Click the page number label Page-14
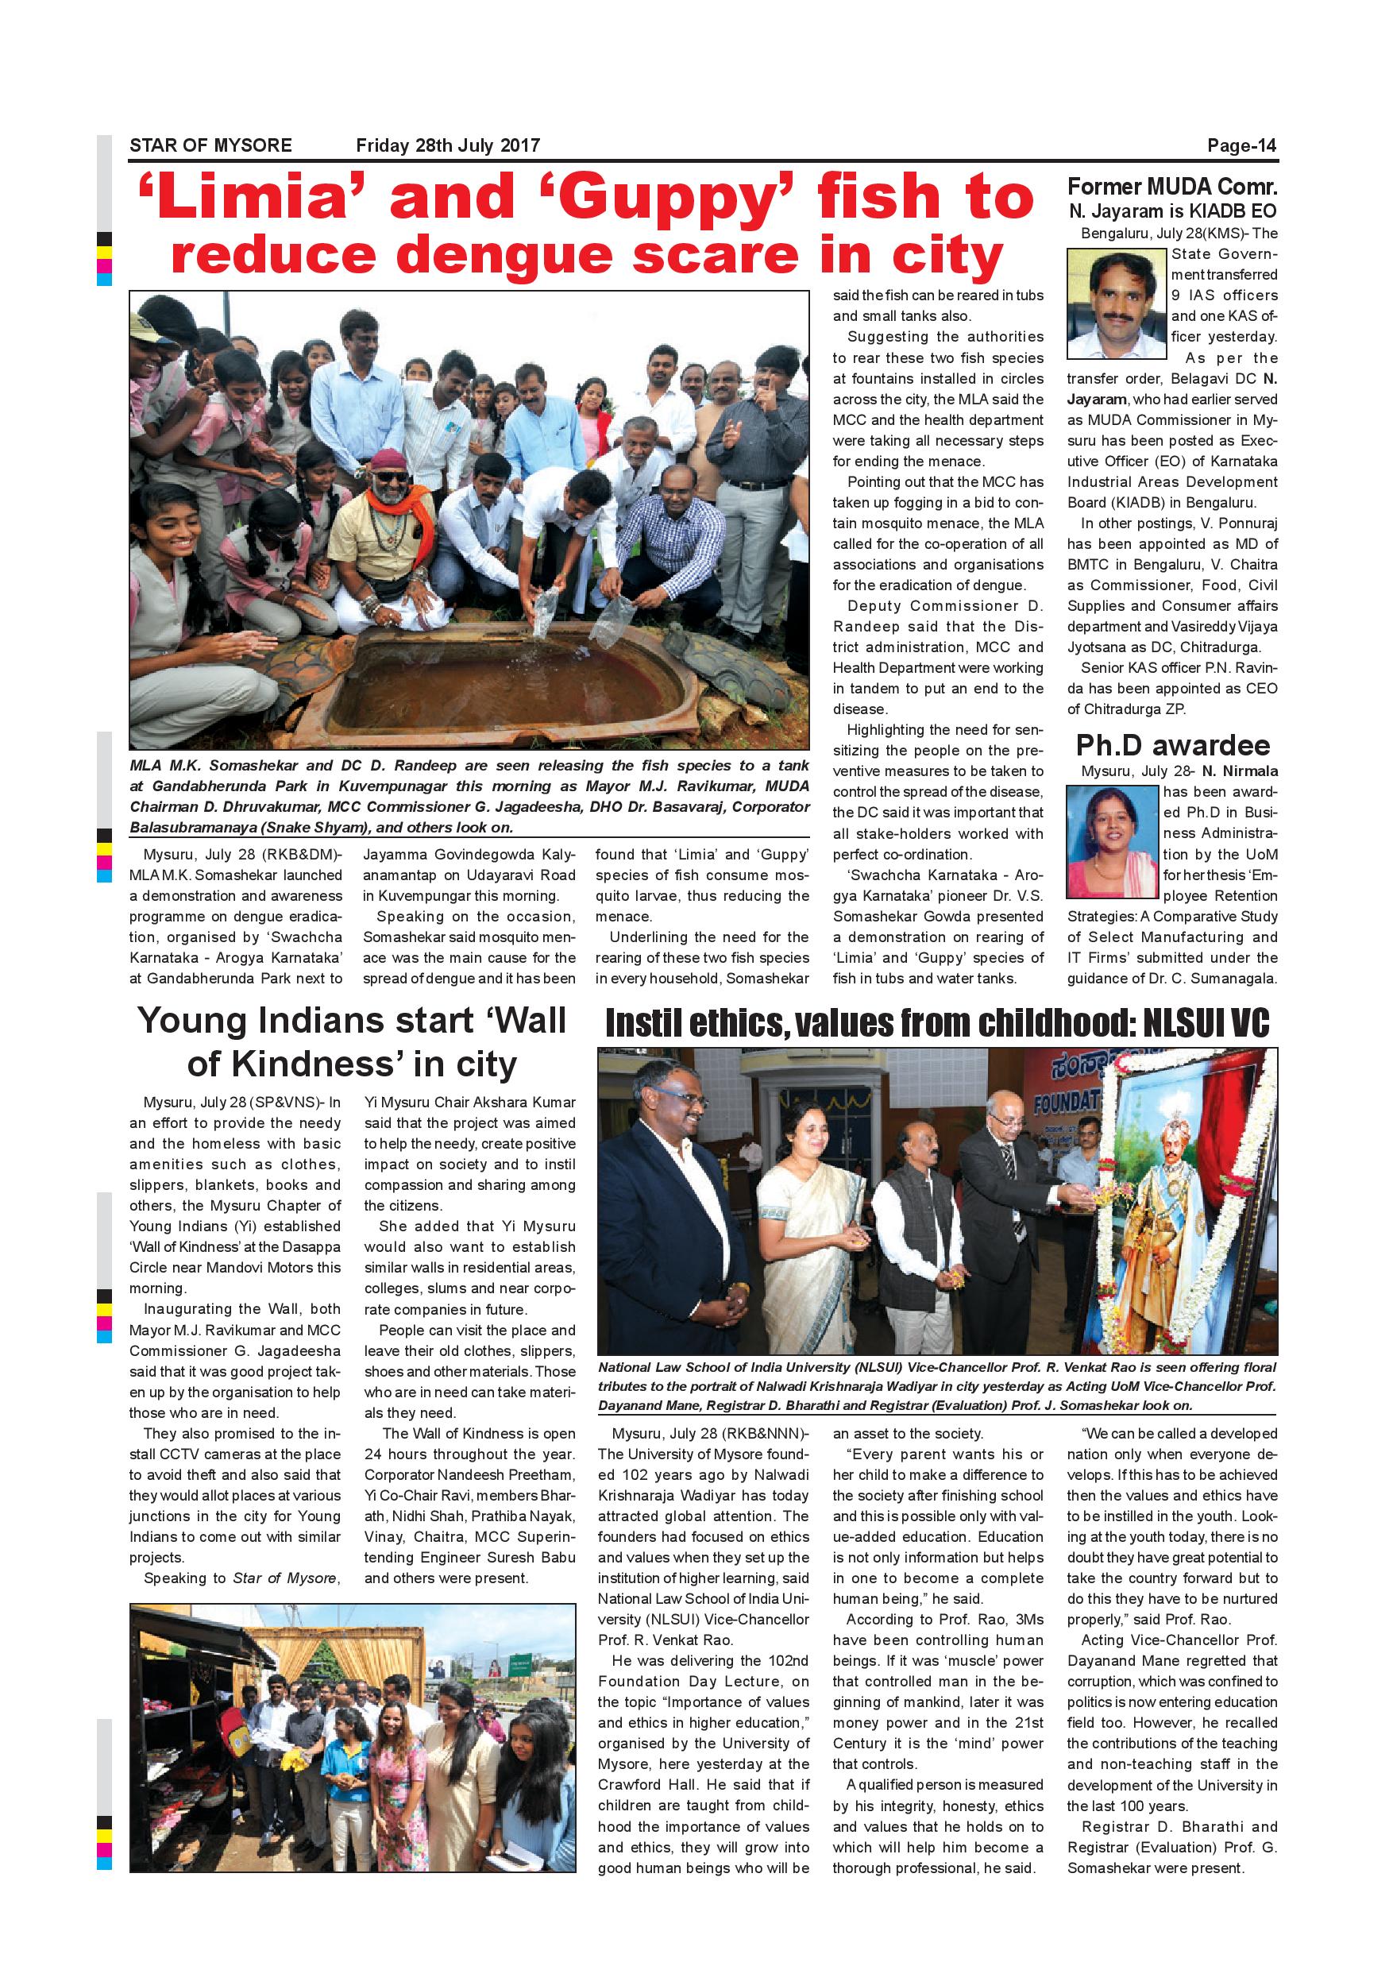point(1241,146)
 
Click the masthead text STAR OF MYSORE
point(211,146)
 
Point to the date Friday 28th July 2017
point(448,146)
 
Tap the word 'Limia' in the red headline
point(254,197)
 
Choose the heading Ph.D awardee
point(1172,745)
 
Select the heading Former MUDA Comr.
point(1171,187)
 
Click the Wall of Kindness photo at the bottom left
point(353,1736)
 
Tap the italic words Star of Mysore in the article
point(285,1578)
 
